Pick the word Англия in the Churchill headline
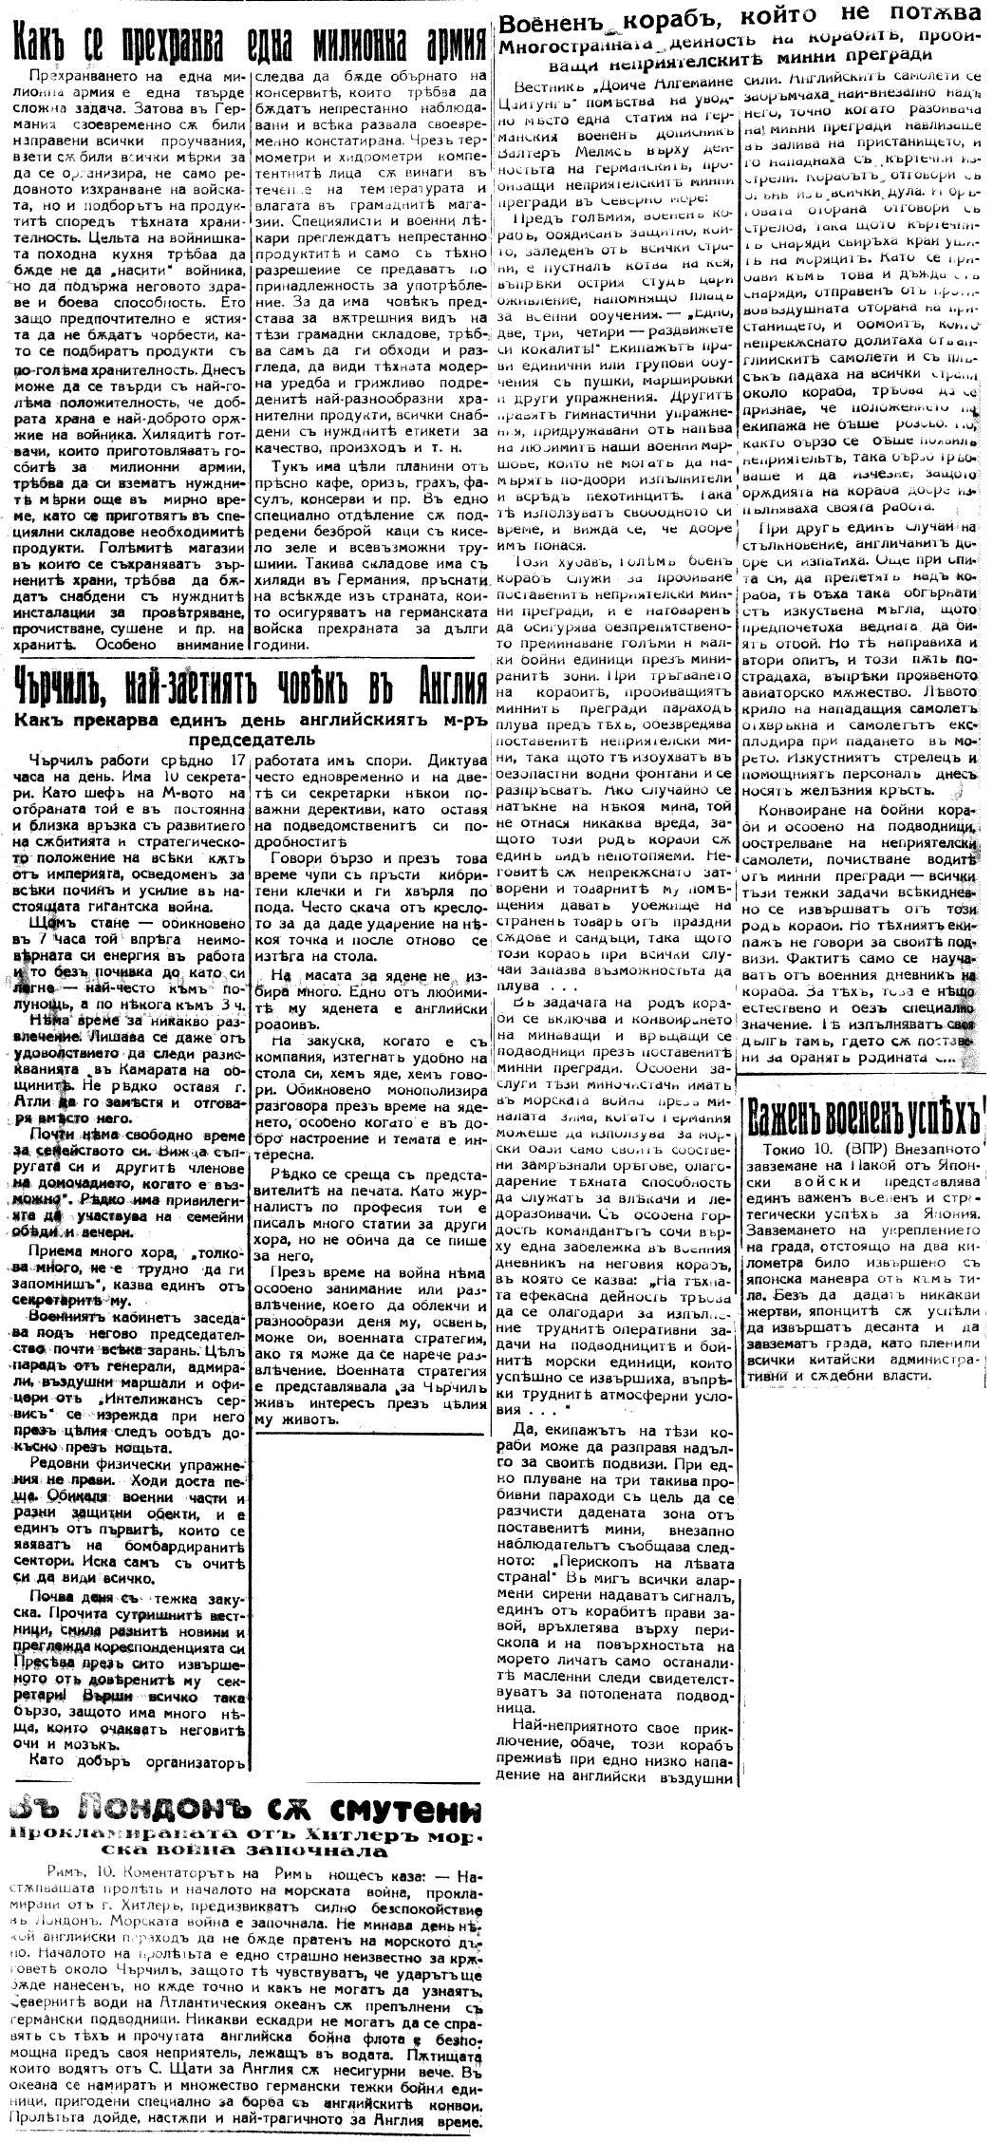(437, 680)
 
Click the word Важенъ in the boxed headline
(794, 1115)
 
